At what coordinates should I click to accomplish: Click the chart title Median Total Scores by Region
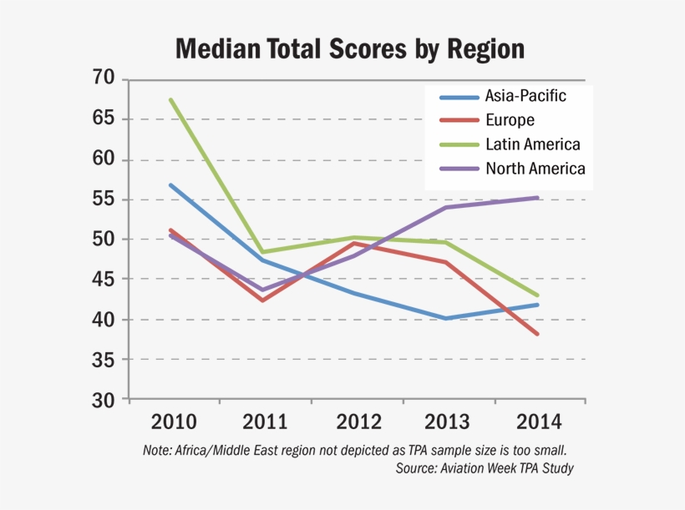pyautogui.click(x=350, y=48)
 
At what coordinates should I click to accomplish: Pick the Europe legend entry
pyautogui.click(x=510, y=120)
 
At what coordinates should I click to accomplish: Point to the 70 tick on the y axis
pyautogui.click(x=103, y=79)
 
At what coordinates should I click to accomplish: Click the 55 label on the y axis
pyautogui.click(x=103, y=199)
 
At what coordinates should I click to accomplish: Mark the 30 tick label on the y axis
pyautogui.click(x=103, y=400)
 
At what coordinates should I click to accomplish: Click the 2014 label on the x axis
pyautogui.click(x=536, y=421)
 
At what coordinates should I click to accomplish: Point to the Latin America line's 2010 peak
pyautogui.click(x=170, y=99)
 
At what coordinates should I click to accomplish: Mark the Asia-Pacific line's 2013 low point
pyautogui.click(x=445, y=318)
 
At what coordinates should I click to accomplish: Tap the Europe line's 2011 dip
pyautogui.click(x=262, y=300)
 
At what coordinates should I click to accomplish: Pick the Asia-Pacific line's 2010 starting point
pyautogui.click(x=170, y=184)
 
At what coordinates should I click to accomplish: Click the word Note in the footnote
pyautogui.click(x=157, y=450)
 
